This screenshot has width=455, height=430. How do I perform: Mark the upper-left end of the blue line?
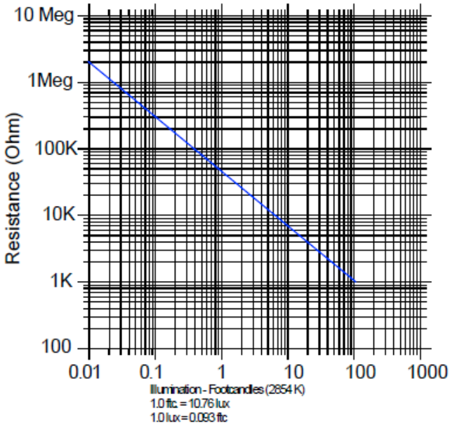pyautogui.click(x=90, y=62)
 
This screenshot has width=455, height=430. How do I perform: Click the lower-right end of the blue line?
pyautogui.click(x=355, y=282)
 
